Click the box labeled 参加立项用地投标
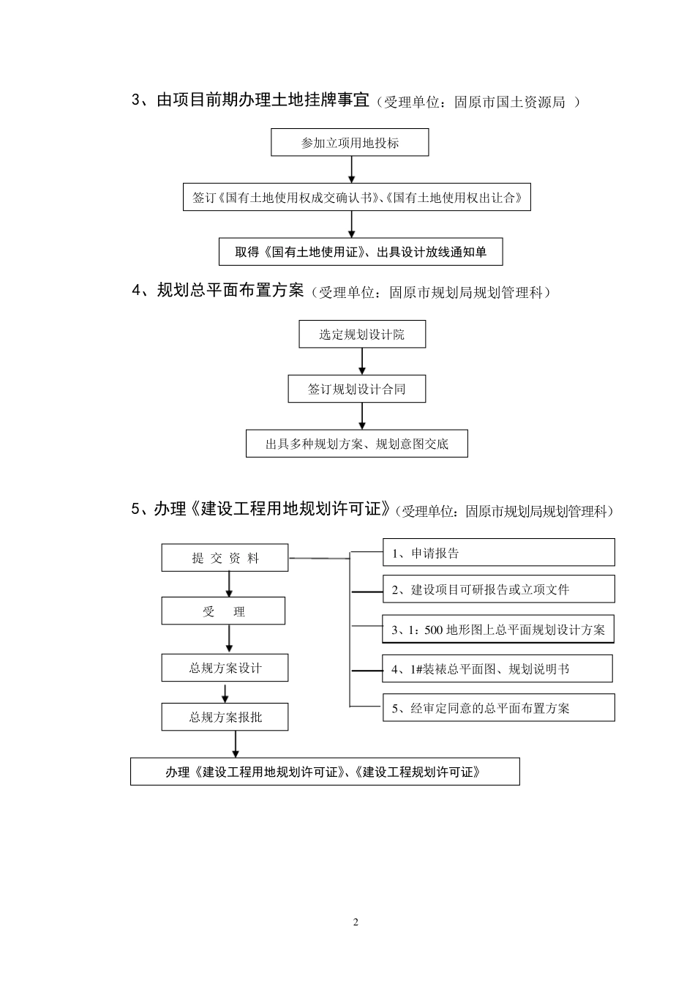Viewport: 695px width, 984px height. tap(350, 143)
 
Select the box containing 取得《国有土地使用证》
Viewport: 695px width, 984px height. tap(361, 252)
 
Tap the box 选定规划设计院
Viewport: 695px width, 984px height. tap(361, 335)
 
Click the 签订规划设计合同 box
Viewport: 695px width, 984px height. tap(356, 389)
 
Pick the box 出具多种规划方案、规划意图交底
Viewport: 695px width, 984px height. tap(356, 444)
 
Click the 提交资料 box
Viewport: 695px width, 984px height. tap(225, 558)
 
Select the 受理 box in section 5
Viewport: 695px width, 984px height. tap(223, 611)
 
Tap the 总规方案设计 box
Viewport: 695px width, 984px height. tap(225, 668)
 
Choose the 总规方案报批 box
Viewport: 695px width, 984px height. tap(225, 717)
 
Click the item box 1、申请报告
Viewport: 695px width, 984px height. tap(498, 553)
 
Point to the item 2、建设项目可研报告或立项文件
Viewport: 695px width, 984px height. tap(498, 589)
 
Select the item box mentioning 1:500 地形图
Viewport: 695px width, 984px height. tap(498, 630)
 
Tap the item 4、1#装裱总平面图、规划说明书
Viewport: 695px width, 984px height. tap(497, 668)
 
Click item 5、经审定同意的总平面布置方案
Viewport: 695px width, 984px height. tap(498, 708)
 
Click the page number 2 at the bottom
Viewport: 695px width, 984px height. tap(356, 922)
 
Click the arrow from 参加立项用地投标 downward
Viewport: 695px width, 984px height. tap(352, 170)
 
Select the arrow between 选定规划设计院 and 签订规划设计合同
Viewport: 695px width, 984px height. tap(362, 362)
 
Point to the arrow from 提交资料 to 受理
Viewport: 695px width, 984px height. tap(230, 584)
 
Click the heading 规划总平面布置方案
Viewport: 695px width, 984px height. tap(230, 291)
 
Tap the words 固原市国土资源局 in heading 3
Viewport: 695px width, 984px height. tap(509, 102)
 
